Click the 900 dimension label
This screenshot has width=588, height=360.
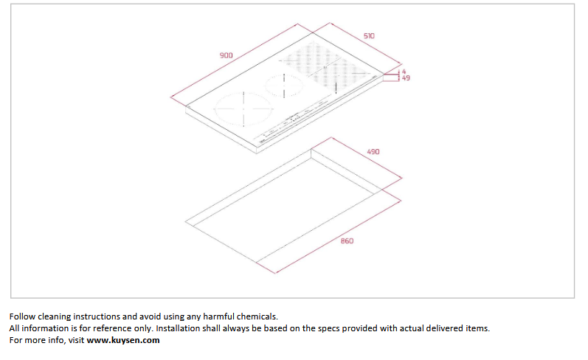point(226,55)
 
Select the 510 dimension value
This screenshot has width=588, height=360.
point(369,36)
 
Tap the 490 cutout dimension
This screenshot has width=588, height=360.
point(373,152)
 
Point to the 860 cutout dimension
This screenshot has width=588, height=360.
point(347,240)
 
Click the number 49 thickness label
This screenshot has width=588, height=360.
point(406,78)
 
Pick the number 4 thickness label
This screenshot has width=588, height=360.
point(404,72)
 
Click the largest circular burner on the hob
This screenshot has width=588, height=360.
point(243,109)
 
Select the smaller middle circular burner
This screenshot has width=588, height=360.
point(284,86)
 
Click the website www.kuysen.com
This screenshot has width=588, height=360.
point(123,340)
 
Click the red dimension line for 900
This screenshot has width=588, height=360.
point(234,60)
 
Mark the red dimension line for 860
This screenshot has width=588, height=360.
point(338,237)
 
